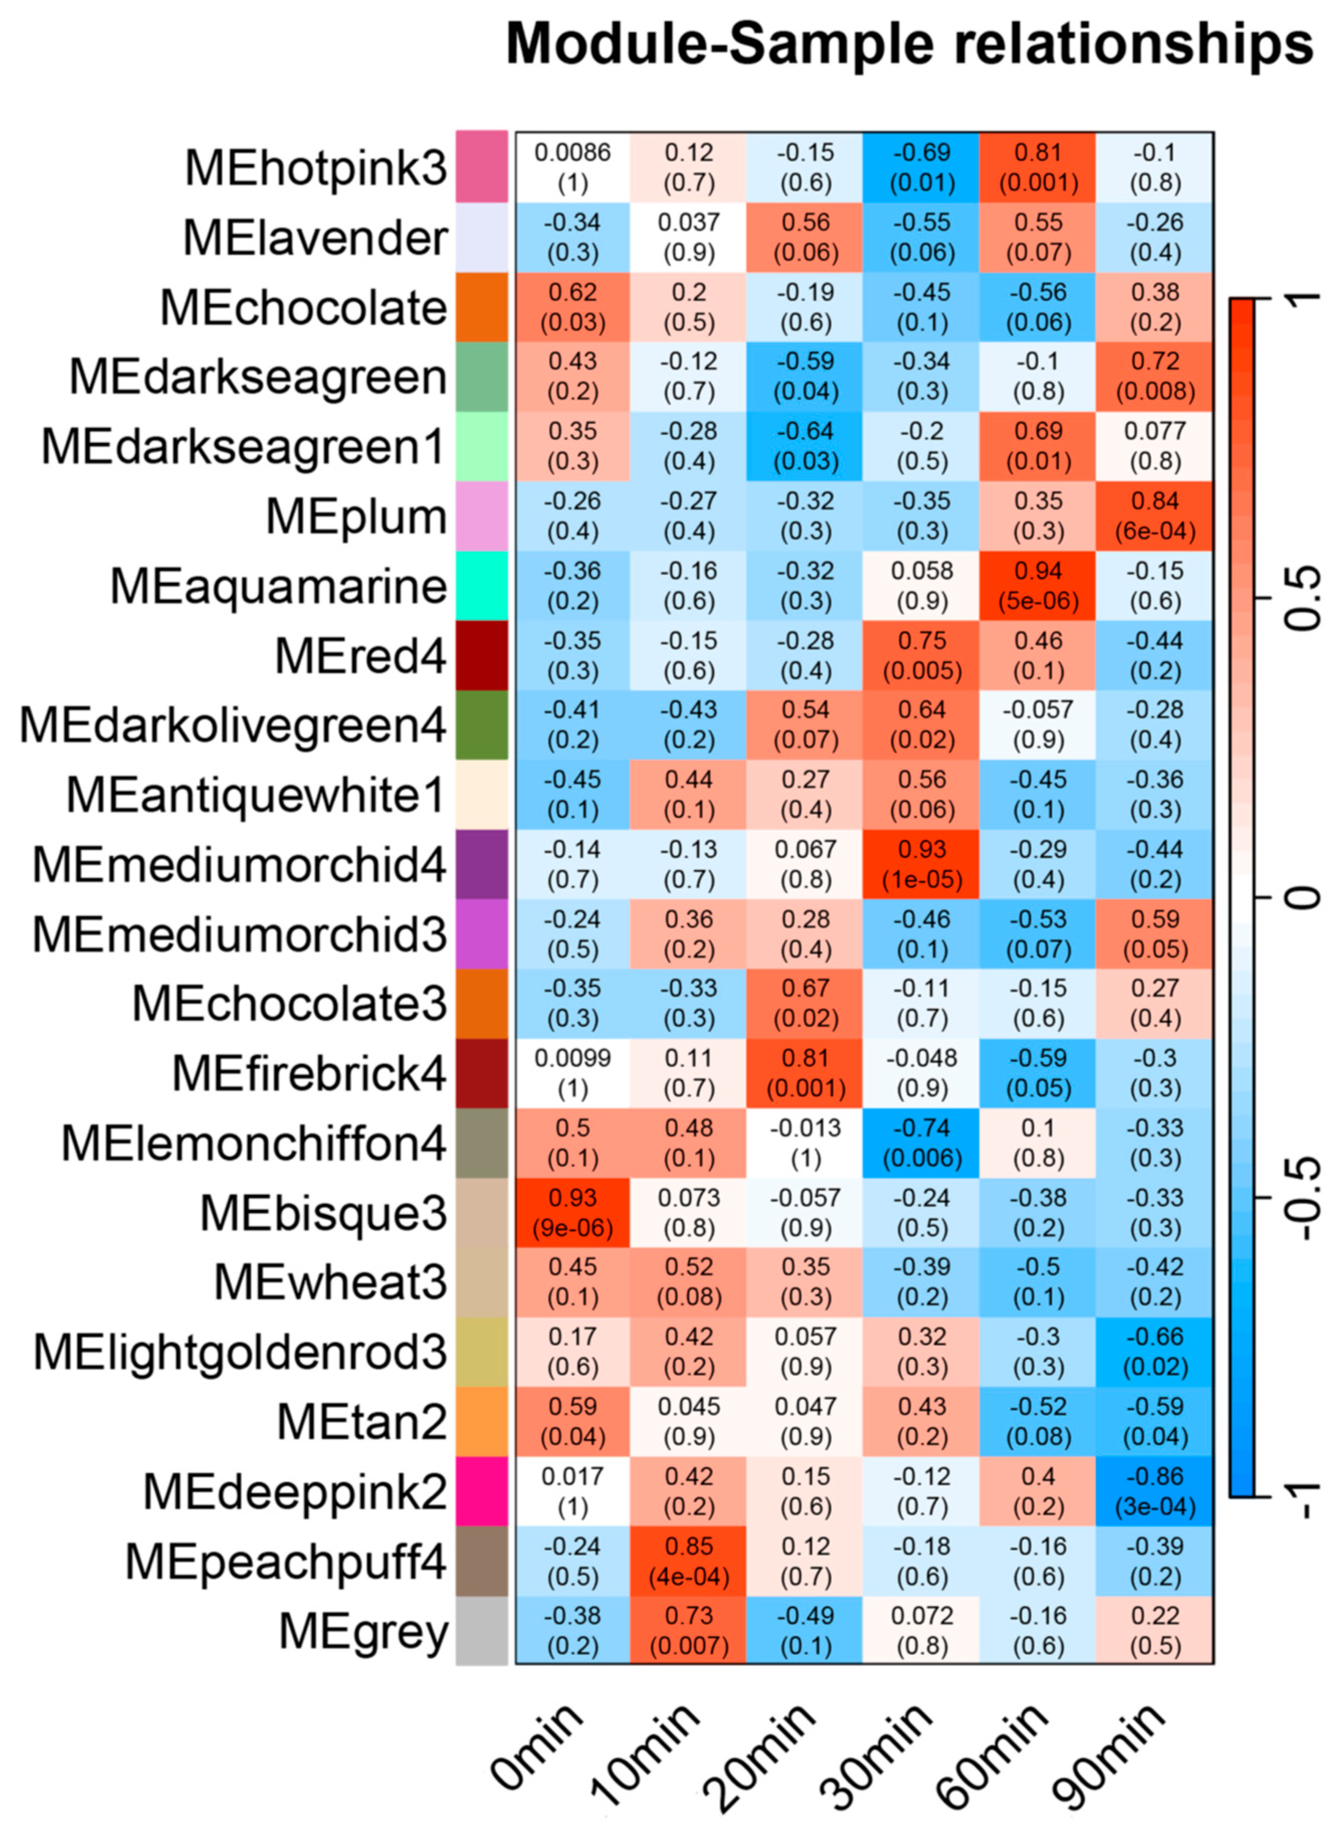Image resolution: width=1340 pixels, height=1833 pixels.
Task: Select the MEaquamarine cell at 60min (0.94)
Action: [x=1038, y=585]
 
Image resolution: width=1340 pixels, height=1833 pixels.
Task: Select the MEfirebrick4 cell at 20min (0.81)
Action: [x=805, y=1073]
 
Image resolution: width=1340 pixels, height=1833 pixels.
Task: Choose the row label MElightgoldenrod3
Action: [x=240, y=1352]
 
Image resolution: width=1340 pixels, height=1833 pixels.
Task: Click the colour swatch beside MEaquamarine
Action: [x=482, y=585]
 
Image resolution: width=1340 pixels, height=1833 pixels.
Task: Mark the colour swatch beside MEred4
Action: [x=482, y=655]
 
